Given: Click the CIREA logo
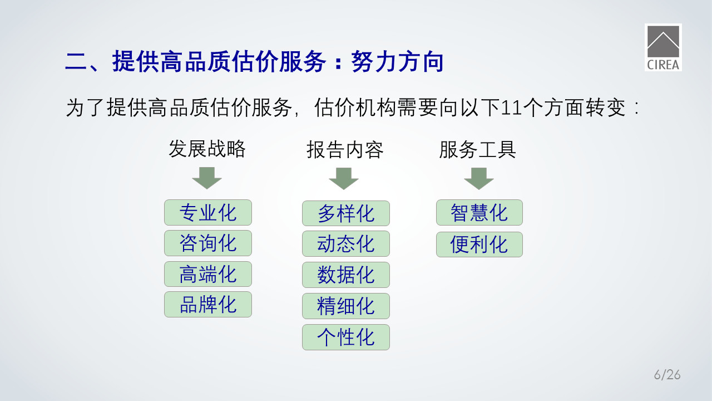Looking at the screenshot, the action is tap(663, 47).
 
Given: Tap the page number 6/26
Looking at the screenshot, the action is tap(667, 375).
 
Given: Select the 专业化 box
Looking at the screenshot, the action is tap(208, 212).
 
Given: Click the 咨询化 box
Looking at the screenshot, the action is tap(208, 243).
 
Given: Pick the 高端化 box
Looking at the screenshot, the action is tap(208, 274).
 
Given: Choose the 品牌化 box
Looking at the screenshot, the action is tap(208, 304).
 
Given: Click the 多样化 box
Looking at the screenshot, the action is tap(346, 213).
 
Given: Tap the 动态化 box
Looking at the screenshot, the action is tap(346, 244).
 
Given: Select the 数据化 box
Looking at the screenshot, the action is tap(346, 275).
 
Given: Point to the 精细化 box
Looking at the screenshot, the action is tap(346, 306).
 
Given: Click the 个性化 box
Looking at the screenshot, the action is tap(346, 338).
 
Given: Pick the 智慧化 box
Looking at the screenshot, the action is tap(479, 212).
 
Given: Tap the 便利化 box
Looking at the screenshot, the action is tap(479, 244).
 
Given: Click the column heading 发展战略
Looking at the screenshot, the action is tap(207, 149).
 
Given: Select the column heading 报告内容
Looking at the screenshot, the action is tap(345, 150).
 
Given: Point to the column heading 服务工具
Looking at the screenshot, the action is tap(477, 150).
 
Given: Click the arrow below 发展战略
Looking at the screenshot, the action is tap(207, 178).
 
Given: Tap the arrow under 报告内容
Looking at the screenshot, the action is tap(344, 179).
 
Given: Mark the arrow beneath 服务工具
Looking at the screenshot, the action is tap(479, 179).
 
